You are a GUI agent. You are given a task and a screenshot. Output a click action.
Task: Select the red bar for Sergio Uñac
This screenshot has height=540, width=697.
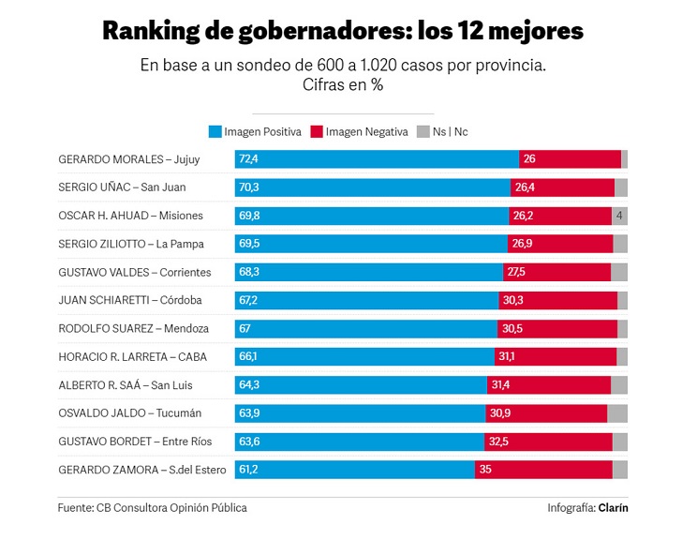pos(562,187)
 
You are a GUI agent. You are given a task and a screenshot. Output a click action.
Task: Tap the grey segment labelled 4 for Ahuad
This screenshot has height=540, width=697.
pos(620,216)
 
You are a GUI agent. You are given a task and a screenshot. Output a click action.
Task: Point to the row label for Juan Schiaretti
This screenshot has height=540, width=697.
pos(130,301)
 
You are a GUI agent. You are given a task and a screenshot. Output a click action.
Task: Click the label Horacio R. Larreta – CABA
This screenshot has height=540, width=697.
pos(132,357)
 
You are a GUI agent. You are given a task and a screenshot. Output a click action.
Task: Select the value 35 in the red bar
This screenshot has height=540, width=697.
pos(484,471)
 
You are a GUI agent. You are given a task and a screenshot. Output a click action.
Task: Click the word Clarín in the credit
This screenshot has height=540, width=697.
pos(614,508)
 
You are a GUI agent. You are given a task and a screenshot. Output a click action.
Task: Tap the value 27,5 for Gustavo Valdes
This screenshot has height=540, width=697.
pos(515,273)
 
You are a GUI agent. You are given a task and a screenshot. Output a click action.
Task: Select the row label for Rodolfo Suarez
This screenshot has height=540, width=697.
pos(133,329)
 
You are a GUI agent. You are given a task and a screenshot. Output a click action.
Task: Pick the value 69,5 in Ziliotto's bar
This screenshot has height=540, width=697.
pos(249,245)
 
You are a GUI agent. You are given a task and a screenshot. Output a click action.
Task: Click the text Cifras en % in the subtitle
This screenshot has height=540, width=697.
pos(343,85)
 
